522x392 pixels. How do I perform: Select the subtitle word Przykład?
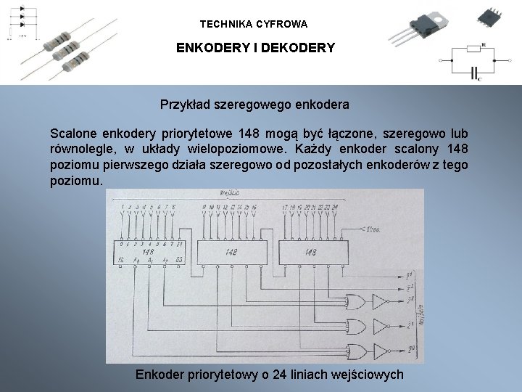(186, 105)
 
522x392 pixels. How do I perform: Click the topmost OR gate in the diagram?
(357, 301)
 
